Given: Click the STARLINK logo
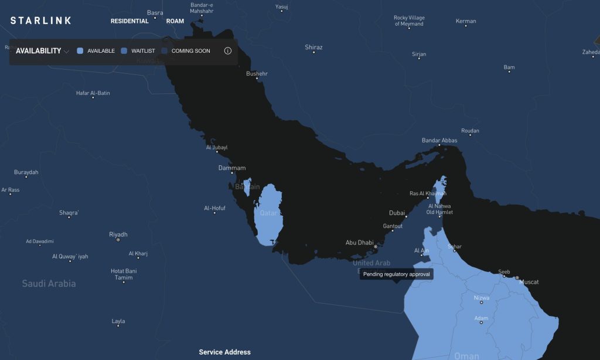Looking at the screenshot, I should click(x=41, y=21).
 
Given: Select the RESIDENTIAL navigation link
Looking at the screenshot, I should click(x=129, y=21).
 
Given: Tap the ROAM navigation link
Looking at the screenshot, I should click(x=175, y=21).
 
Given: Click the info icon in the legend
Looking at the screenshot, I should click(x=228, y=51).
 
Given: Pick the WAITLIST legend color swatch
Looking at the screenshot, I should click(x=124, y=51).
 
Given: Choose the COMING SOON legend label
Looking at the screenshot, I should click(x=190, y=51).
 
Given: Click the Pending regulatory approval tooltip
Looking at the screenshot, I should click(x=396, y=274).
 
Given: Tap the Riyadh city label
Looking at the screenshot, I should click(x=118, y=234).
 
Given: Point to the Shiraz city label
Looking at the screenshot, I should click(x=313, y=47).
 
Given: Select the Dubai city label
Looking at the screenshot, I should click(x=397, y=213).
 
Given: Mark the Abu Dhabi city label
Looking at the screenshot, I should click(x=359, y=242).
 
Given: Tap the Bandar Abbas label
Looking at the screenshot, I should click(x=439, y=141).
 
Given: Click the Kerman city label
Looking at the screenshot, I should click(x=466, y=21).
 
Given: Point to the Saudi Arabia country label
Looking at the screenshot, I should click(x=49, y=284).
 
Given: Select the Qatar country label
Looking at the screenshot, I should click(x=268, y=213).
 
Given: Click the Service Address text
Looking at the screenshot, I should click(x=224, y=352).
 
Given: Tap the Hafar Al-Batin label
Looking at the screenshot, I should click(x=93, y=93).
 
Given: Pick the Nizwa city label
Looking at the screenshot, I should click(x=481, y=298).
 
